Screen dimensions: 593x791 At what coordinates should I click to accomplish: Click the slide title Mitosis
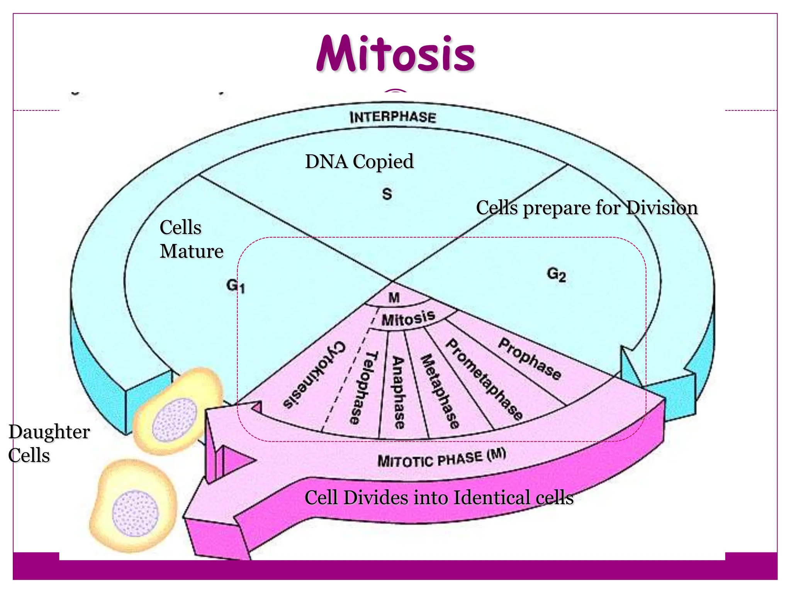tap(395, 54)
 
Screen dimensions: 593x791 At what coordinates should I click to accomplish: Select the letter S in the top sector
tap(387, 193)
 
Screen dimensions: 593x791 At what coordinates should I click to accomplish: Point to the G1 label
tap(235, 286)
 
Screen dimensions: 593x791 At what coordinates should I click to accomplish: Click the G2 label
tap(556, 274)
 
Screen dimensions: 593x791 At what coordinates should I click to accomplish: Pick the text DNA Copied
tap(359, 161)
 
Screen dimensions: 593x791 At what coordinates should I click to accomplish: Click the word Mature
tap(192, 251)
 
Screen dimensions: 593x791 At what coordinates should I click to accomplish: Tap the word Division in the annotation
tap(662, 208)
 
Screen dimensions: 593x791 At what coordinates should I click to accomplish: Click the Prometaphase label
tap(484, 379)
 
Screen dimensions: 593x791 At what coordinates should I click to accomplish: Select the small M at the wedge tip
tap(394, 298)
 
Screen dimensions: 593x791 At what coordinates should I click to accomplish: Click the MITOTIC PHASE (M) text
tap(441, 458)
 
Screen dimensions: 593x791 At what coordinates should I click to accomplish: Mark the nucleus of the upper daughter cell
tap(175, 420)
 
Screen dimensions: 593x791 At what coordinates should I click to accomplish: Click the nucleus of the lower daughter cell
tap(135, 513)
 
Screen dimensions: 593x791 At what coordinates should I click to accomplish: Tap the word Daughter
tap(49, 432)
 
